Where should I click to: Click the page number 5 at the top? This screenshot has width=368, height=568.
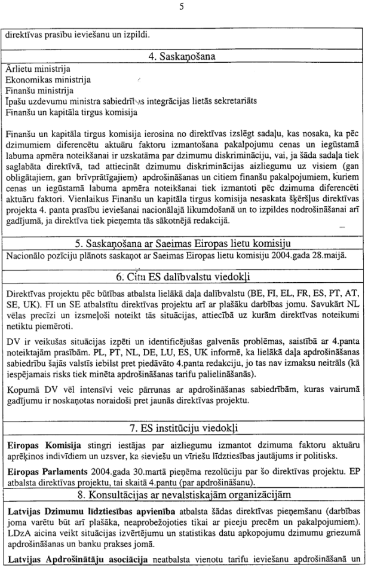click(184, 8)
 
